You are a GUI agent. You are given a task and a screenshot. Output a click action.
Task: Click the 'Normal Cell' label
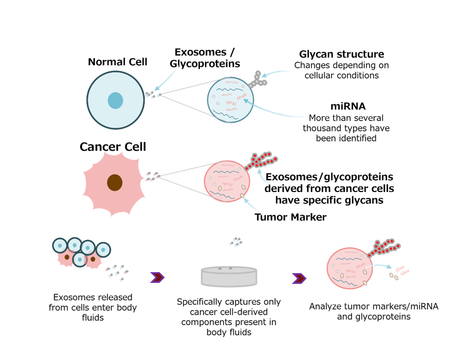117,62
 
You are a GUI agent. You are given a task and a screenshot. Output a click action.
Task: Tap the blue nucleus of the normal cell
115,100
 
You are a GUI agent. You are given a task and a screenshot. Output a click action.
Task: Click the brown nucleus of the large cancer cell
115,182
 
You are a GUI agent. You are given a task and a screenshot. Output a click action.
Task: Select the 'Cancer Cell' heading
113,147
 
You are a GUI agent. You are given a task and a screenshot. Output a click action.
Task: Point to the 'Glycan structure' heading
341,54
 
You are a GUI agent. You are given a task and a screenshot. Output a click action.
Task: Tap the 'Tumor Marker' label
290,217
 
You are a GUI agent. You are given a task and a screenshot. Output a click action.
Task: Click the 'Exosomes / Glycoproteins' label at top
205,58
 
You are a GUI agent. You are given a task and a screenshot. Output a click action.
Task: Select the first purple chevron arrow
157,278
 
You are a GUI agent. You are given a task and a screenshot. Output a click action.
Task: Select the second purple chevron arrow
299,278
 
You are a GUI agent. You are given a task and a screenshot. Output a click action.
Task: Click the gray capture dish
229,276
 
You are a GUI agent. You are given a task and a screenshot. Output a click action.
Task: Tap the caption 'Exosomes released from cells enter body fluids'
93,308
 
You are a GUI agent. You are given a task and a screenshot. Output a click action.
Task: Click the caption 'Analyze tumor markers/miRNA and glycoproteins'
374,311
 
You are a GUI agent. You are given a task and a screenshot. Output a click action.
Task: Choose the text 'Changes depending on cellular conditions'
341,70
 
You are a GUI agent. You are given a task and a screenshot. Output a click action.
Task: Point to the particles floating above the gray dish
235,241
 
